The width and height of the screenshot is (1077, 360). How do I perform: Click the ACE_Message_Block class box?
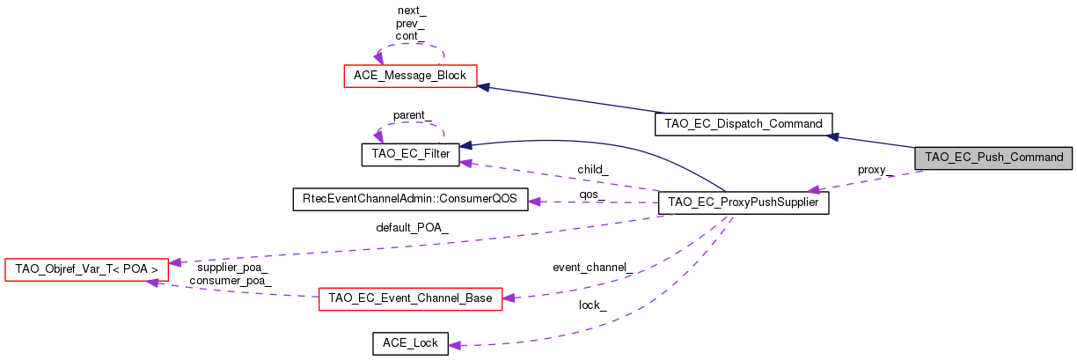click(409, 76)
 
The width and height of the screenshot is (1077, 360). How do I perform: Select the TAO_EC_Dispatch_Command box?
click(743, 124)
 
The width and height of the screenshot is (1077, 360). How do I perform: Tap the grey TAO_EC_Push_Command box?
click(993, 158)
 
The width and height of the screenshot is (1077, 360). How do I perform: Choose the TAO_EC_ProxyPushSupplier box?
click(744, 202)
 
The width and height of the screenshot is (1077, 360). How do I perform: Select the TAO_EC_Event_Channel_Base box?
click(410, 298)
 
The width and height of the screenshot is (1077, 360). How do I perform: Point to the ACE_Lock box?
click(410, 343)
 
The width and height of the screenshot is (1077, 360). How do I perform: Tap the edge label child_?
click(593, 169)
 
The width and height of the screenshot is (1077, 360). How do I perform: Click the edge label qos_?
click(591, 194)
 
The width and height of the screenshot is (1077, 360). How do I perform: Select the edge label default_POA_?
click(412, 228)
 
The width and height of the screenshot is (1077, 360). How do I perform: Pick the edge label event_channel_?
click(592, 267)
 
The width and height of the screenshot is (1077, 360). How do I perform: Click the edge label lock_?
click(591, 305)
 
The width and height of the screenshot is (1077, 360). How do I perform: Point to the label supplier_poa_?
click(232, 268)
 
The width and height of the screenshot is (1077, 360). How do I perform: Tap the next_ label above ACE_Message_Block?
click(411, 11)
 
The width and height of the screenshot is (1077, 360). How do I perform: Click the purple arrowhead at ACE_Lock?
click(456, 344)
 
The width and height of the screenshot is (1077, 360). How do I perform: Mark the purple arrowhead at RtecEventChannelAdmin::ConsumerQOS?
click(534, 201)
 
